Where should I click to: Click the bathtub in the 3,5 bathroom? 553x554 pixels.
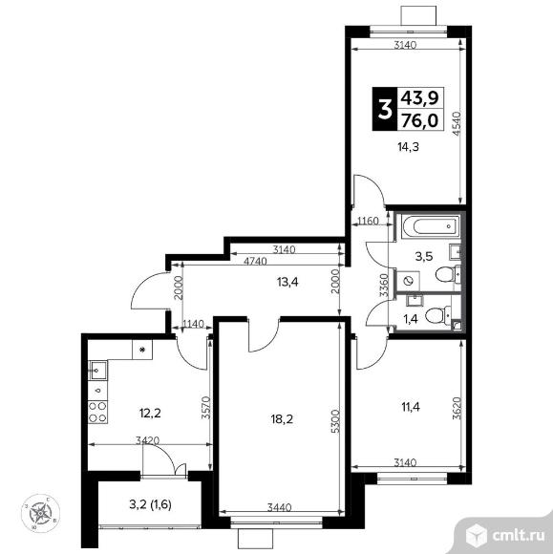pos(431,226)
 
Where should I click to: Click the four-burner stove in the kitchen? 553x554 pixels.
pos(97,412)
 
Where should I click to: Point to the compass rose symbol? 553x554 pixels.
pos(41,513)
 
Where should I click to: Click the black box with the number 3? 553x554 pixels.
pos(384,109)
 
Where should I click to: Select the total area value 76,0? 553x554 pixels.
pos(420,120)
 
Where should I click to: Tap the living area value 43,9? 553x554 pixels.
pos(420,97)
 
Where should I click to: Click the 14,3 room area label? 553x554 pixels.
pos(409,147)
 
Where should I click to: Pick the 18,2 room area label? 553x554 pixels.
pos(282,419)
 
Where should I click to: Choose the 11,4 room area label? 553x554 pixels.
pos(411,407)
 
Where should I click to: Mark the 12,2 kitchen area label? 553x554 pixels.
pos(150,413)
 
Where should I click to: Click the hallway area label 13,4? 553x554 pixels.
pos(287,282)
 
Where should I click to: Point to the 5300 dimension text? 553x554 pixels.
pos(336,421)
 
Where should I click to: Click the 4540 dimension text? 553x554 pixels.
pos(457,123)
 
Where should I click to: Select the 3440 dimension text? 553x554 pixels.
pos(279,507)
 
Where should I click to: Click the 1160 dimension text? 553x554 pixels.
pos(368,222)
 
